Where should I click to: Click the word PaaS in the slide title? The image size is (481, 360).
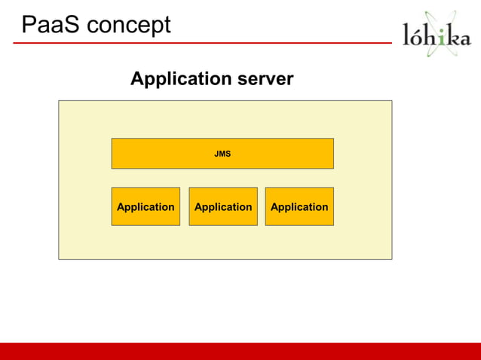[x=51, y=26]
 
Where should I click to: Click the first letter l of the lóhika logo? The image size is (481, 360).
[x=408, y=35]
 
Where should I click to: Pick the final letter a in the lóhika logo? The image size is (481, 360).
[x=464, y=38]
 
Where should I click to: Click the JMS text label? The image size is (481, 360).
[x=222, y=154]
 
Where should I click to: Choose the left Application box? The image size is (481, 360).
[x=146, y=206]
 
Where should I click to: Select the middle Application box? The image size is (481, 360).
[x=223, y=206]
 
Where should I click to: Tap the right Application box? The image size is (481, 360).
[x=299, y=206]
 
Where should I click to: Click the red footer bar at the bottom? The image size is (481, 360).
[x=240, y=351]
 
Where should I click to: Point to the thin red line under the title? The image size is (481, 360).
[x=204, y=43]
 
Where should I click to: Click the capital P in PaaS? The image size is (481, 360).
[x=29, y=26]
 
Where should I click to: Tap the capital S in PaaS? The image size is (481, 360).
[x=72, y=26]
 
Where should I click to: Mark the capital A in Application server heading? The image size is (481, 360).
[x=137, y=78]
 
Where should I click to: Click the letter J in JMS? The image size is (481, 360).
[x=216, y=154]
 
